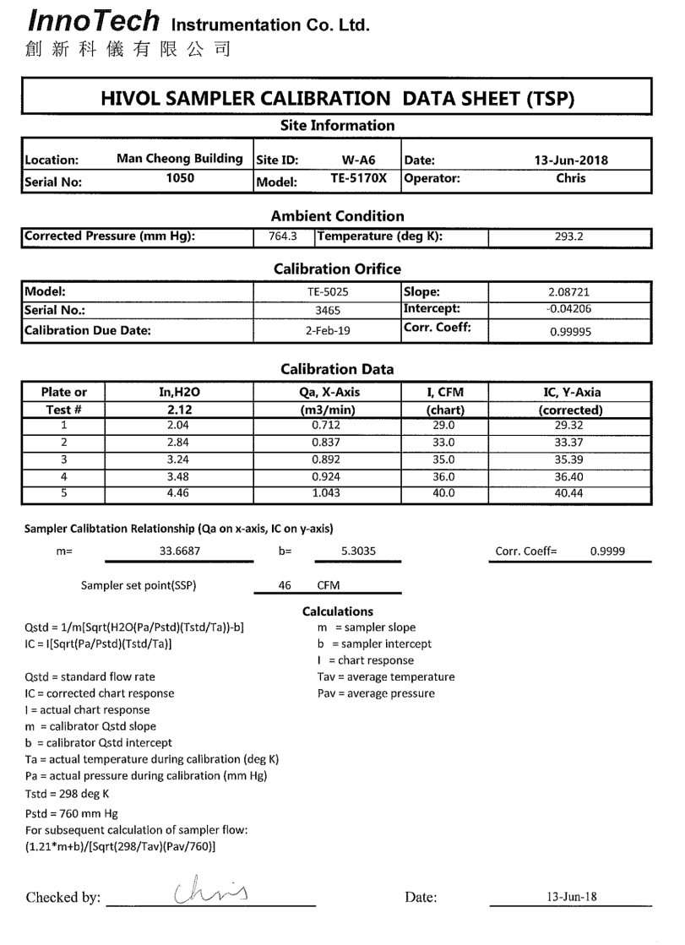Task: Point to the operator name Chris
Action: [571, 179]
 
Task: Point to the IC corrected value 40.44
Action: [569, 494]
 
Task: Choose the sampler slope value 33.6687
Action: [180, 551]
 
